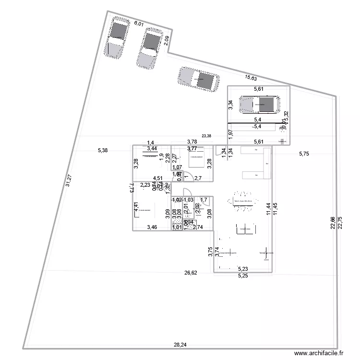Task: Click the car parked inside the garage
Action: [260, 104]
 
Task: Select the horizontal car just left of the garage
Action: [198, 79]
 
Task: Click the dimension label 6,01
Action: [139, 23]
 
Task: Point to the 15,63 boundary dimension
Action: [251, 78]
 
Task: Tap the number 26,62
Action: [191, 273]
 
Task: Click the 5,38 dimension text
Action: [103, 150]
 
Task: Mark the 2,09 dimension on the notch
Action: [166, 41]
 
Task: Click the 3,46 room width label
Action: [152, 227]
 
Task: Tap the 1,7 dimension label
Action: [203, 199]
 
